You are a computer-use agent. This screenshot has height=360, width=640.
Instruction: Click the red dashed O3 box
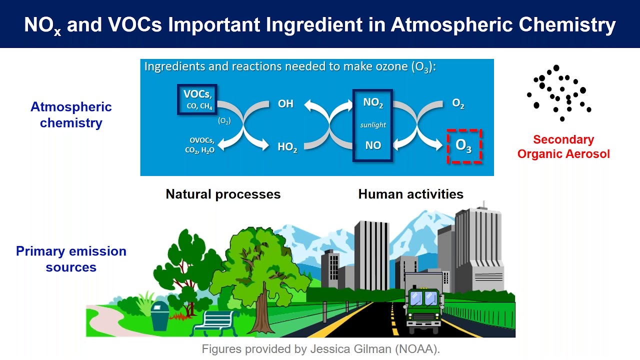pos(464,146)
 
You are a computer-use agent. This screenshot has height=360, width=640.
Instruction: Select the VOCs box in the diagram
pos(197,99)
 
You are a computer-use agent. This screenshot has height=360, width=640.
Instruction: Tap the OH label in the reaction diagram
pos(285,104)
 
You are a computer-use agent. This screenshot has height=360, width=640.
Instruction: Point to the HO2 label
pos(287,147)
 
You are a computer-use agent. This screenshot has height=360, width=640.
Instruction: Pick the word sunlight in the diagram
pos(373,125)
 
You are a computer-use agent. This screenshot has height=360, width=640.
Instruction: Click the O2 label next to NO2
pos(458,104)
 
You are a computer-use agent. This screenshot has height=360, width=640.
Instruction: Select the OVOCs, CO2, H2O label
pos(202,145)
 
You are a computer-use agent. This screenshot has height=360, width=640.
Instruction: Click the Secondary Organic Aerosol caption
pos(563,146)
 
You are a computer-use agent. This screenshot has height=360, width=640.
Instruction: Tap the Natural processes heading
pos(223,194)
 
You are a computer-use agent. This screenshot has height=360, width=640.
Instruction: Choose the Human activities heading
pos(410,194)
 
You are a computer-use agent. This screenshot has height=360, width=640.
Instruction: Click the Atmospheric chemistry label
pos(71,114)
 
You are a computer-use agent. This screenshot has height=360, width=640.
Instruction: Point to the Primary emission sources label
pos(71,258)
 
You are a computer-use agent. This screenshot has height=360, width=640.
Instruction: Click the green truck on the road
pos(423,302)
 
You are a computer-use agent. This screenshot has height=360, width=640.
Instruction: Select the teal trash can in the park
pos(160,315)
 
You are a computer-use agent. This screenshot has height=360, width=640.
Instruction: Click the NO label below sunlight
pos(373,145)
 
